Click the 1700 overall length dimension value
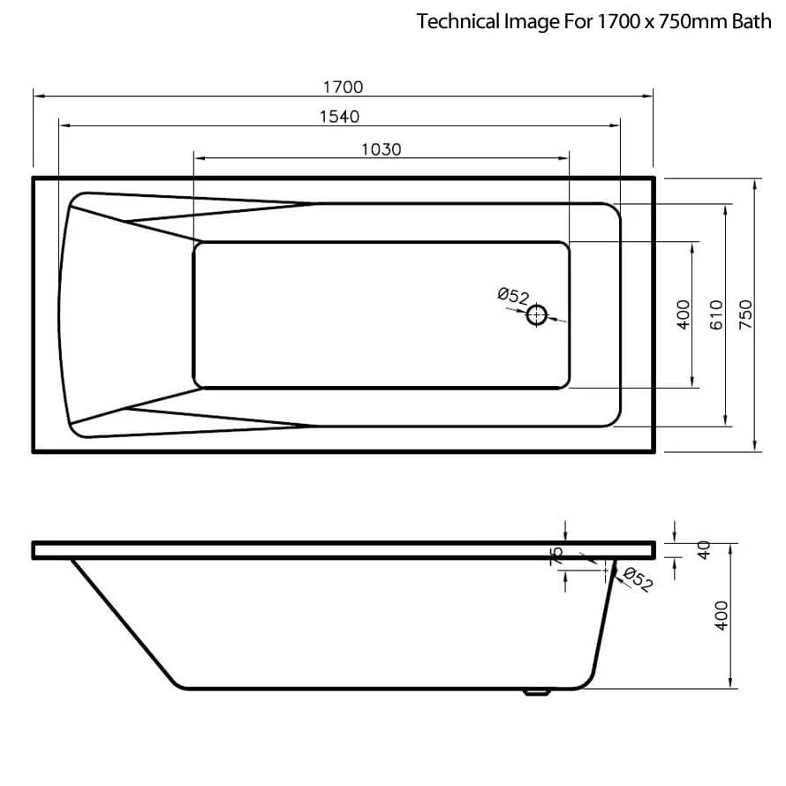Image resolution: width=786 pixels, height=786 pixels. coord(344,87)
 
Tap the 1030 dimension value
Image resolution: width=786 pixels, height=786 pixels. coord(381,149)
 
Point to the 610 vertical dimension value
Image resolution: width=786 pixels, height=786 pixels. coord(716,314)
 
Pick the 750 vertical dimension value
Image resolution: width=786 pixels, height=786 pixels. coord(745,314)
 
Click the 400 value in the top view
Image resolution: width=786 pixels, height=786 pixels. coord(683,314)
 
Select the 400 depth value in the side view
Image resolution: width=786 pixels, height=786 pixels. coord(721,616)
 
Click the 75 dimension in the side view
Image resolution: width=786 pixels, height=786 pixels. coord(556,555)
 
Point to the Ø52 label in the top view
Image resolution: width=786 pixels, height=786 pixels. coord(512,297)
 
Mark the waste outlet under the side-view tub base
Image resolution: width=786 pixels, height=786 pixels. coord(535,692)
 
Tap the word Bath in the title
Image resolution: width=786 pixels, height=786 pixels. coord(751,22)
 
